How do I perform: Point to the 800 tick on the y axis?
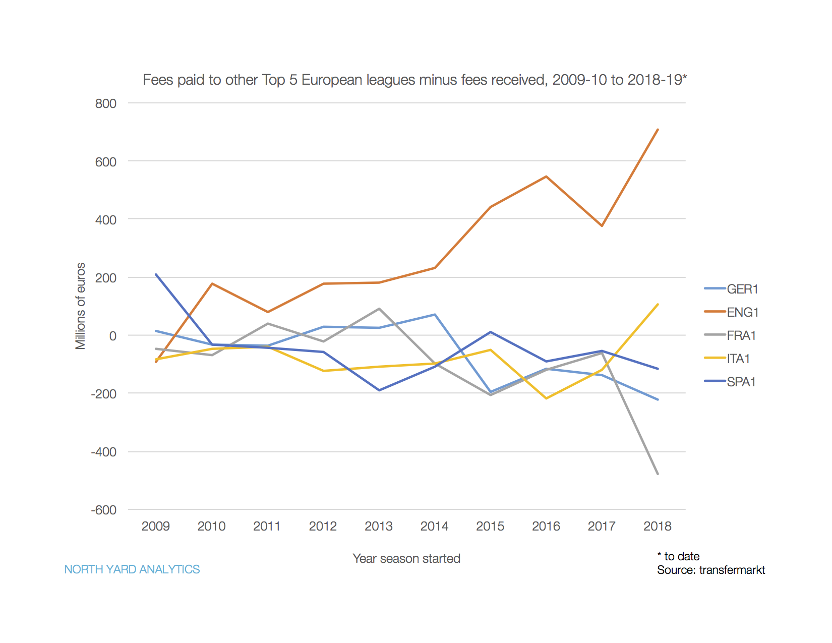click(106, 103)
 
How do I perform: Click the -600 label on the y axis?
click(104, 510)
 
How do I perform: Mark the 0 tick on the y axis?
click(112, 335)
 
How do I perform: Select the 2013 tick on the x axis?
click(379, 526)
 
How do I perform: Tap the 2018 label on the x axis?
click(658, 526)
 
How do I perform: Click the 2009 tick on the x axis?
click(156, 526)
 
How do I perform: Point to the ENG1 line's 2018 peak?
click(658, 130)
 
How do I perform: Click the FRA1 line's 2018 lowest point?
click(658, 474)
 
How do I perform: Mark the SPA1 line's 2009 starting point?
click(156, 274)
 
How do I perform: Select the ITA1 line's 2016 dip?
click(546, 398)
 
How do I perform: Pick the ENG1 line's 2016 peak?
click(546, 177)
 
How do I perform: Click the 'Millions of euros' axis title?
click(80, 306)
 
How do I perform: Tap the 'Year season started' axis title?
click(406, 558)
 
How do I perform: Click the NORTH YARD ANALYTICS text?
click(132, 569)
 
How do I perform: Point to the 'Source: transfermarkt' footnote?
click(711, 570)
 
